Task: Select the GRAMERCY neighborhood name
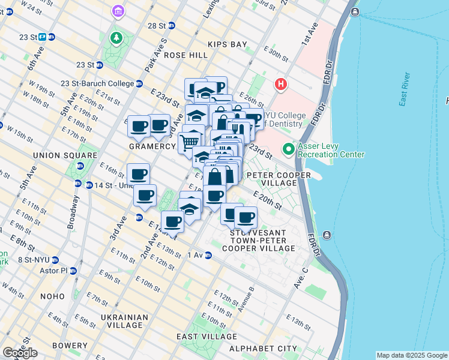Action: point(152,146)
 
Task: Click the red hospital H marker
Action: point(280,85)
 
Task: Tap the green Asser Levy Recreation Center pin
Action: point(289,148)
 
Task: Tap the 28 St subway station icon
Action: point(172,25)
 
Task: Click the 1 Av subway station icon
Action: point(208,255)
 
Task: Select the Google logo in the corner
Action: point(20,353)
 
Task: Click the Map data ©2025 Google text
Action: point(411,355)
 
